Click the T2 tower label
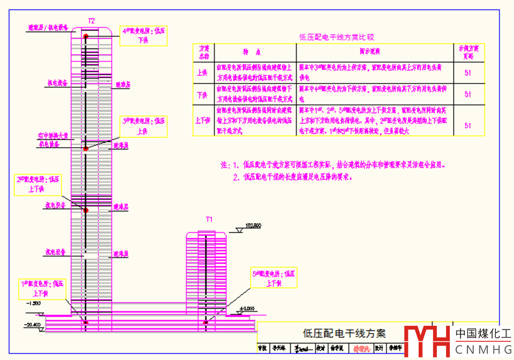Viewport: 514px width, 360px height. point(92,21)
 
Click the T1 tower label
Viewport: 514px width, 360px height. point(209,219)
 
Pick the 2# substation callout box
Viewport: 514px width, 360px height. point(39,185)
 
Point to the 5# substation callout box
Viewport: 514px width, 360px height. point(274,278)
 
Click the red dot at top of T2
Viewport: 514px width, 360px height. point(86,36)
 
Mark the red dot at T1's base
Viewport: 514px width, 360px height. point(206,323)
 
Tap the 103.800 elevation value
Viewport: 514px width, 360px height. point(253,226)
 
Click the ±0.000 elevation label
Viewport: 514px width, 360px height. point(247,308)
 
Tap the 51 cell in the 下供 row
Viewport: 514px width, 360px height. point(468,94)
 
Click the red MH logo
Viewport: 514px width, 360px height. point(427,341)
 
